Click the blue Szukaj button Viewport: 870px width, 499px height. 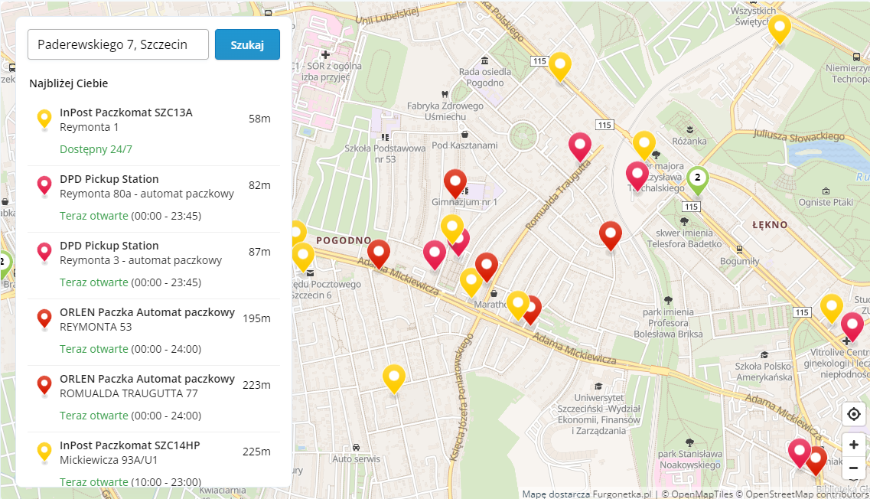coord(247,44)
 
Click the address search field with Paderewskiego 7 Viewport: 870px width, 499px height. coord(118,44)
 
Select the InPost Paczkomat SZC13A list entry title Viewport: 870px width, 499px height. coord(126,113)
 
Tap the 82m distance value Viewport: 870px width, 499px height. coord(259,185)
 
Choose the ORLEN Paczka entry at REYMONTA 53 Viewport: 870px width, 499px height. coord(147,312)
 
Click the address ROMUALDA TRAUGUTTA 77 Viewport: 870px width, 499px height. coord(129,393)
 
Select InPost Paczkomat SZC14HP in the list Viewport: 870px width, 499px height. coord(129,445)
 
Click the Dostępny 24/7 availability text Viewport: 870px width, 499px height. coord(96,149)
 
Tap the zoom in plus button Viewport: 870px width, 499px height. coord(854,445)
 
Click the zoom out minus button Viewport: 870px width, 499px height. coord(854,468)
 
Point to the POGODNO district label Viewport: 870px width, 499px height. coord(344,240)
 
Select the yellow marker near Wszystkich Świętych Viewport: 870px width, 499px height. coord(779,28)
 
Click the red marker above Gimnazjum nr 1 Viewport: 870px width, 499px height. coord(456,182)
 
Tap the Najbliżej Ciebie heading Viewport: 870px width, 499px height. coord(69,83)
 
